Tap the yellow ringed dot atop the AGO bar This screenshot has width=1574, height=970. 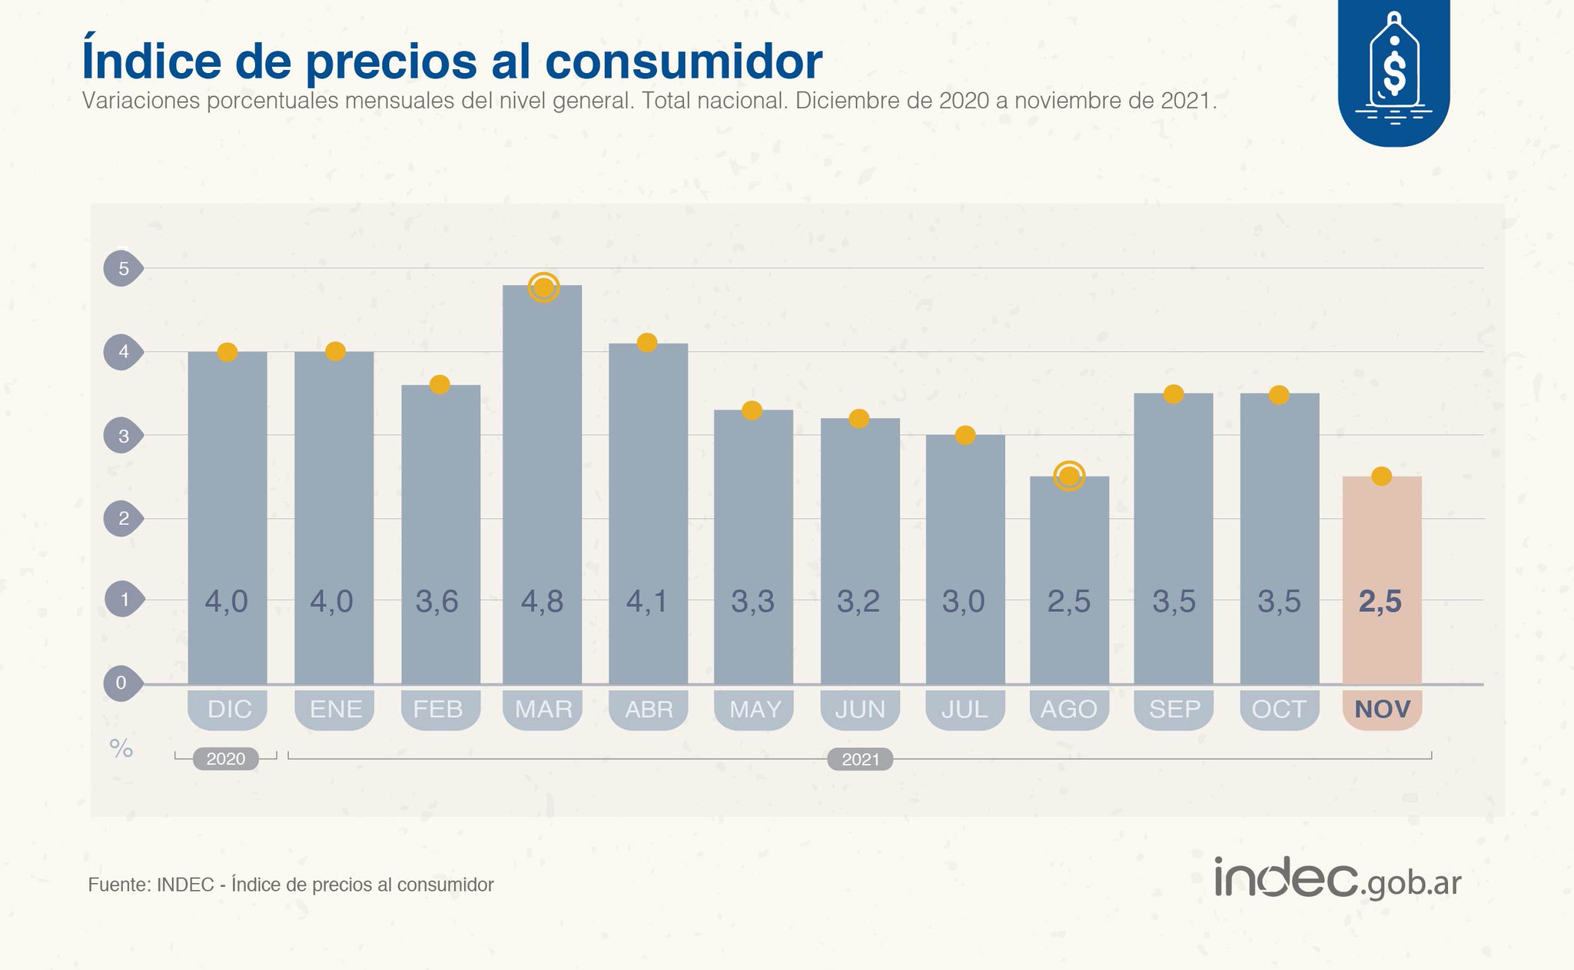pos(1069,476)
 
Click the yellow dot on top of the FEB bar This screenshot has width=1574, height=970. pos(440,384)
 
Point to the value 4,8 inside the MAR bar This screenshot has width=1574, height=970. pos(542,601)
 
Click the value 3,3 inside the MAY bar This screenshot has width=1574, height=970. pos(752,601)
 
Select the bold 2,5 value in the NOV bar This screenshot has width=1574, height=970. pos(1380,601)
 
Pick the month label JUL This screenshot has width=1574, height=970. pos(965,709)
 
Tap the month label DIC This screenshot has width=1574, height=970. pos(229,709)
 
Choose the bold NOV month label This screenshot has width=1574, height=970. pos(1382,709)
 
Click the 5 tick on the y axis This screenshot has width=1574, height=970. pos(123,268)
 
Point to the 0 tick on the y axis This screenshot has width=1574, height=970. pos(121,683)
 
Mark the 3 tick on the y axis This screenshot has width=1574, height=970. pos(123,436)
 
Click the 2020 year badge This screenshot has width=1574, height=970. pos(225,759)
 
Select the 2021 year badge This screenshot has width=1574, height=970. pos(860,759)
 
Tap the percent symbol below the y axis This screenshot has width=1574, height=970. pos(121,748)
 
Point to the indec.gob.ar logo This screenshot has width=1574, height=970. pos(1337,879)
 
